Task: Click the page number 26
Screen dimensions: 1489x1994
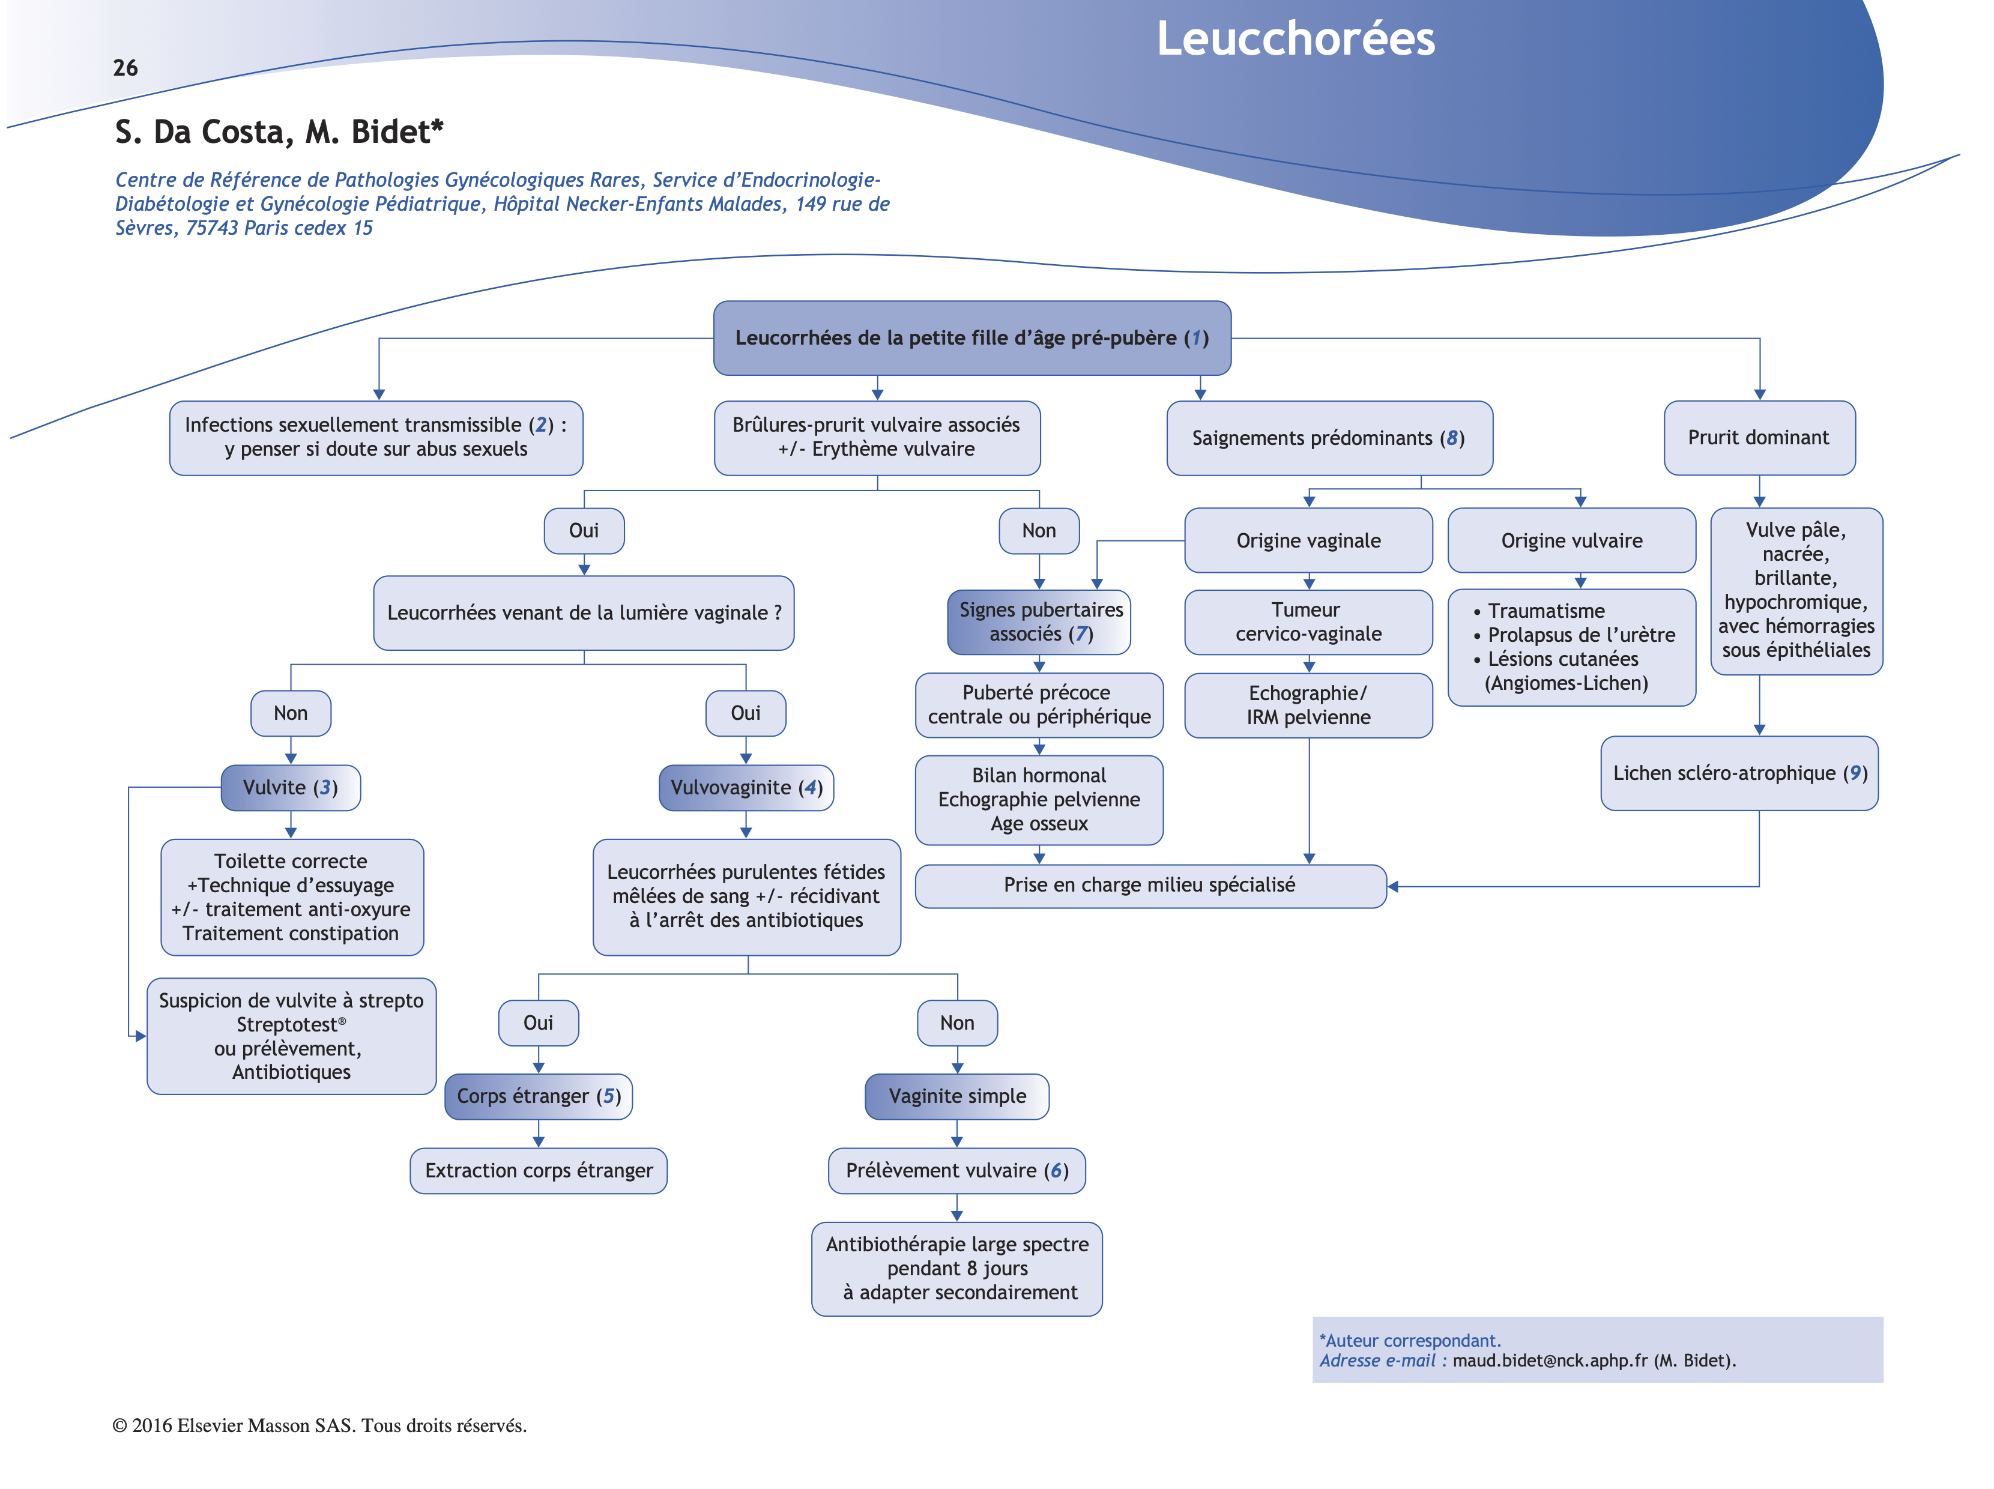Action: pos(125,68)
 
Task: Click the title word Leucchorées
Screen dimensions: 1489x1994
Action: pos(1295,39)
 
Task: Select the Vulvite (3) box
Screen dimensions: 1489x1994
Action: pos(290,788)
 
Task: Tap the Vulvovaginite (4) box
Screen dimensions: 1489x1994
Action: pos(746,788)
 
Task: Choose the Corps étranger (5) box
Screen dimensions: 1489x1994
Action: pos(538,1096)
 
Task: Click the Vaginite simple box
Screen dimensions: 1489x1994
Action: pos(956,1096)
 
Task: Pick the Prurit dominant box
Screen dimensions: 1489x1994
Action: pos(1758,438)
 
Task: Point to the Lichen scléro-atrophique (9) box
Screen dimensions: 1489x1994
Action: pos(1739,773)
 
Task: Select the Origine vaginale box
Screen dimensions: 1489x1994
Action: pos(1308,541)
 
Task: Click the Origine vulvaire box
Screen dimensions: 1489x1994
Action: pos(1571,541)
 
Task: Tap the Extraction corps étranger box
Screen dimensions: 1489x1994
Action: pos(538,1171)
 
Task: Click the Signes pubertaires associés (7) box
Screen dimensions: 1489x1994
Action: pos(1039,622)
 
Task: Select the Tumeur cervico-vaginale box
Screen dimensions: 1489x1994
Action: pos(1308,622)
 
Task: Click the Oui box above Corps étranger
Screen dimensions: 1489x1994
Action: pos(538,1023)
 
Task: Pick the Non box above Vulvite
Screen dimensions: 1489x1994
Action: pos(290,713)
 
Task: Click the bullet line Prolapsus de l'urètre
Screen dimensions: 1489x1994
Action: pos(1580,635)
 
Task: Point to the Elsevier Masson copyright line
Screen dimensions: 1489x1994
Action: pos(319,1426)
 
